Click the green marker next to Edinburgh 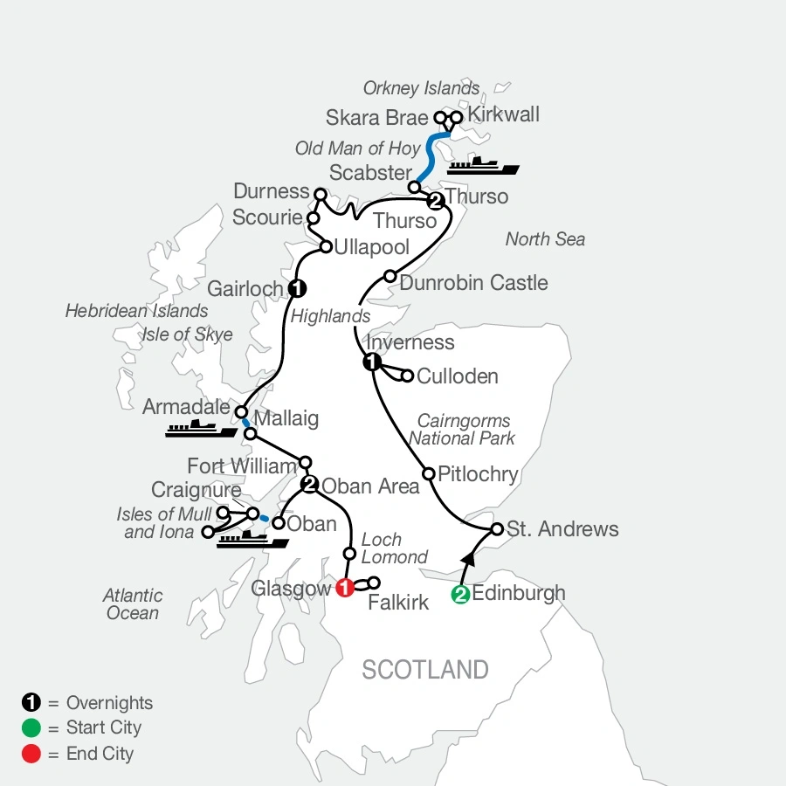[459, 596]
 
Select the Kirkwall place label [504, 114]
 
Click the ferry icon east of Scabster [482, 166]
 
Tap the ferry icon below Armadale [201, 429]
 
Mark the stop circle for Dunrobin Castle [390, 277]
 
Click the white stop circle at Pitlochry [429, 473]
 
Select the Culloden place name [458, 376]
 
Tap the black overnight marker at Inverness [372, 363]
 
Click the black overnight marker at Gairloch [298, 288]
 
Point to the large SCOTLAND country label [425, 670]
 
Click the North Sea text [545, 239]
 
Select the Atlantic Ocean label [133, 603]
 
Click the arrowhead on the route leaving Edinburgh [468, 560]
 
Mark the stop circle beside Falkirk [376, 583]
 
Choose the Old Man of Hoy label [358, 148]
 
